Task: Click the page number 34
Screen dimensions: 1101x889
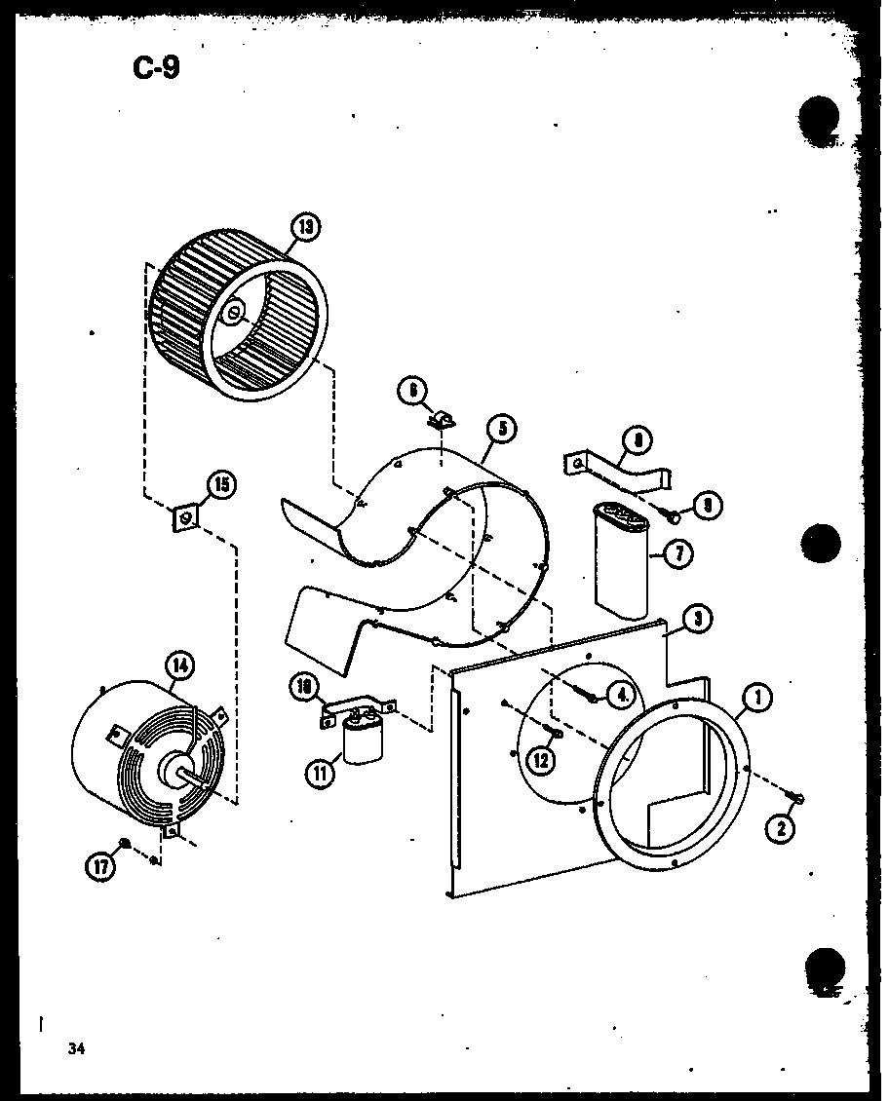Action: tap(77, 1048)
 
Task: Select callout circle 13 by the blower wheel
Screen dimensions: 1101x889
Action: tap(306, 227)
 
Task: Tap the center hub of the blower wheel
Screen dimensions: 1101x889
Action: tap(234, 313)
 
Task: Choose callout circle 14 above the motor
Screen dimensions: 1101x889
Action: tap(181, 665)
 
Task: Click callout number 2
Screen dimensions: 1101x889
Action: tap(782, 829)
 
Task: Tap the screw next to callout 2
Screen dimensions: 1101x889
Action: tap(798, 799)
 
